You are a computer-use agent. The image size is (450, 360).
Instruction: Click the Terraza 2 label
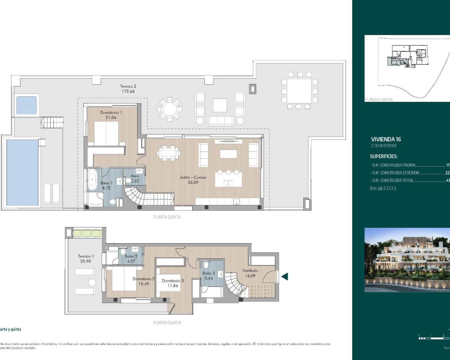pyautogui.click(x=128, y=86)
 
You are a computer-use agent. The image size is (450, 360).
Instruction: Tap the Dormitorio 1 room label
pyautogui.click(x=111, y=112)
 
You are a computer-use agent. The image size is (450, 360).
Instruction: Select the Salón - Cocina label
pyautogui.click(x=193, y=178)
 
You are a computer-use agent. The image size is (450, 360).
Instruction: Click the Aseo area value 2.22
pyautogui.click(x=135, y=180)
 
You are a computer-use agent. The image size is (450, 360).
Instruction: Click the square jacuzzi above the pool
pyautogui.click(x=27, y=105)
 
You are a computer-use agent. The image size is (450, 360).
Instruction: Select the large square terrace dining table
pyautogui.click(x=299, y=90)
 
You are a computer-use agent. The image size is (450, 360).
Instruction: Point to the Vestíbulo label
pyautogui.click(x=250, y=271)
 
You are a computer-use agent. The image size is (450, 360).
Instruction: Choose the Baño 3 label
pyautogui.click(x=208, y=273)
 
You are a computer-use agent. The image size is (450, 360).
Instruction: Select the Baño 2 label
pyautogui.click(x=131, y=257)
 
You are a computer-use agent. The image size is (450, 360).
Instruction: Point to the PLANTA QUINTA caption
pyautogui.click(x=167, y=217)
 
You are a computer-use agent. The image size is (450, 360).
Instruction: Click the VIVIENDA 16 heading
pyautogui.click(x=386, y=139)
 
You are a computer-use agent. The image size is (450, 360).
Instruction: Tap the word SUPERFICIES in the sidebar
pyautogui.click(x=384, y=156)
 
